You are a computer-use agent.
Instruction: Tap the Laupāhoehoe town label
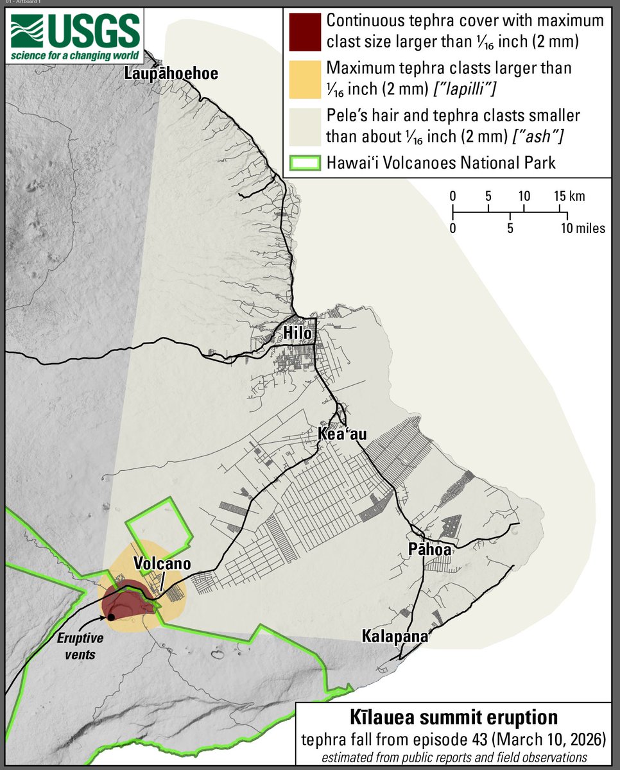[171, 74]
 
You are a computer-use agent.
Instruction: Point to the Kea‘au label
[342, 434]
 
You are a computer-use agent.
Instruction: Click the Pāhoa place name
[429, 549]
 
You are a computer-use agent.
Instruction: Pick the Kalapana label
[394, 637]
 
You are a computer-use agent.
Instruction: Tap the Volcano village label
[162, 563]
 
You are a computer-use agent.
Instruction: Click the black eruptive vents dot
[111, 617]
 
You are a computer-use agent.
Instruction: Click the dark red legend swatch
[304, 30]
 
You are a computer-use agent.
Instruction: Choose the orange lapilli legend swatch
[304, 78]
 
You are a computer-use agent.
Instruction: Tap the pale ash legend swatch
[304, 126]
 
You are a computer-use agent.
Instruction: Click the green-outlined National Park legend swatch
[304, 162]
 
